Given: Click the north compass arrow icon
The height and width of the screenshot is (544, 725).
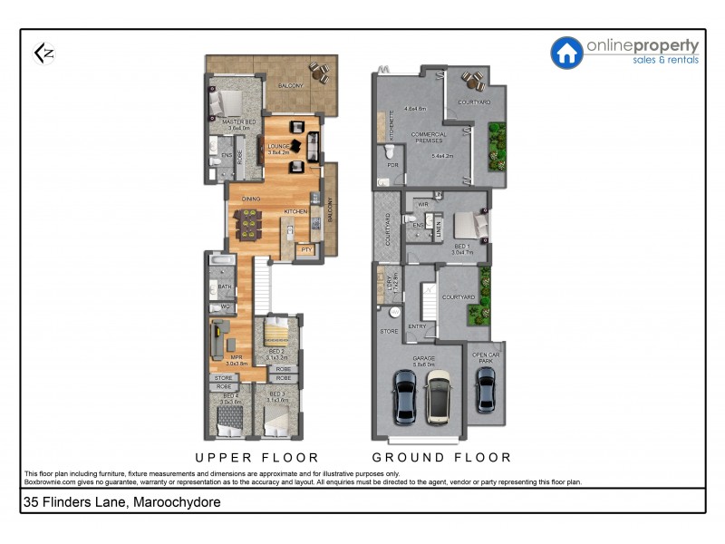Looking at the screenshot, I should point(43,53).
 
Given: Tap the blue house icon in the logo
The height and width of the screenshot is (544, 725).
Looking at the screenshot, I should point(567,53).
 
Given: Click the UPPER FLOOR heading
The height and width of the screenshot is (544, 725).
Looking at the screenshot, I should point(257,457).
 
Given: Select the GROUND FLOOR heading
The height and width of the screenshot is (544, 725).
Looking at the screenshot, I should point(441,457).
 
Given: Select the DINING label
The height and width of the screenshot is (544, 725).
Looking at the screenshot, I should point(251,199).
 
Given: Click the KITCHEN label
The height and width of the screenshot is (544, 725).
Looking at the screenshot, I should point(296,211).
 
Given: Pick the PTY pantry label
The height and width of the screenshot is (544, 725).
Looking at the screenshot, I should point(307,249).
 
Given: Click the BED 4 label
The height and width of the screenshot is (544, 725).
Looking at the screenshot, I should point(230,395).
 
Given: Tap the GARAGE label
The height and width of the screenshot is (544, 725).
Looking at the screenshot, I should point(424,358).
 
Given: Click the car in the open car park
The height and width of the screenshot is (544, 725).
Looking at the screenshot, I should point(486,390).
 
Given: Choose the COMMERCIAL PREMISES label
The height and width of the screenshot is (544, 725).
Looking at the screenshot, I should point(429,138).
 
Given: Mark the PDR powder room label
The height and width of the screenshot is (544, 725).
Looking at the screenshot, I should point(392,165).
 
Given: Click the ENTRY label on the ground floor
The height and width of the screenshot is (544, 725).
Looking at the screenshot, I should point(418,326).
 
